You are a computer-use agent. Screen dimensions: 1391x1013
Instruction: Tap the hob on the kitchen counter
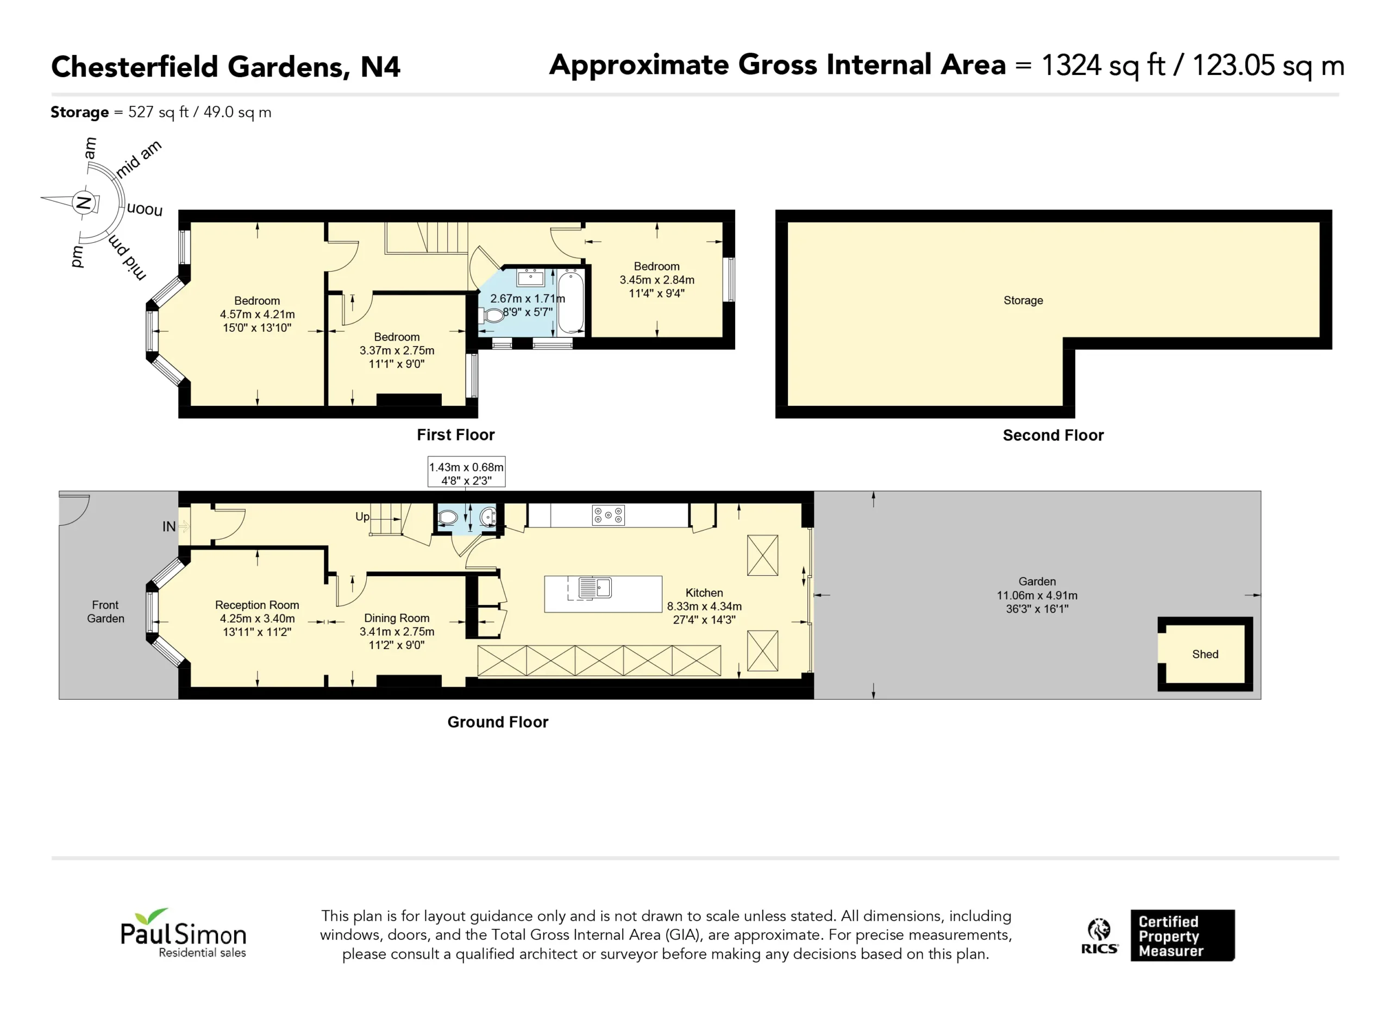(x=608, y=515)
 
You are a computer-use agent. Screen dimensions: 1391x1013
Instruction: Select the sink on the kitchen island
(x=595, y=588)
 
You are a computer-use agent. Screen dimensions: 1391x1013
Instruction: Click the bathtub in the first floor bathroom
(x=571, y=303)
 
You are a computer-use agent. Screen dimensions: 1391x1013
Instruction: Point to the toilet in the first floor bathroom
(x=492, y=316)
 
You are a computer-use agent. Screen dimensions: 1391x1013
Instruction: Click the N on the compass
(x=83, y=203)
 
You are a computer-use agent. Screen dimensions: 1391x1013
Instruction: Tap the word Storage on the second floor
(x=1023, y=300)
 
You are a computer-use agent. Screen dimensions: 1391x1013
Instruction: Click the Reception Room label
(x=257, y=605)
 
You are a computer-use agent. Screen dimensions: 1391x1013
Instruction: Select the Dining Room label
(x=397, y=618)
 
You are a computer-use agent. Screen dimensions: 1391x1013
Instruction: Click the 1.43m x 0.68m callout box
(x=466, y=471)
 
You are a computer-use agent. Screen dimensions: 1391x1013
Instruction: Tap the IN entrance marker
(x=170, y=527)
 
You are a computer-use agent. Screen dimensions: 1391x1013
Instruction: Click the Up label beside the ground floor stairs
(x=362, y=517)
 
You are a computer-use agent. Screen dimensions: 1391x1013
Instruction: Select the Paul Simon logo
(x=183, y=933)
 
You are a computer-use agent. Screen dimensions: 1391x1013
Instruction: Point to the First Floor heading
(x=456, y=435)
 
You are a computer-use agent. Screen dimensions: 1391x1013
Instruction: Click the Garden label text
(x=1037, y=581)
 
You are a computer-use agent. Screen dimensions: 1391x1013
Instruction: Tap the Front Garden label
(x=105, y=612)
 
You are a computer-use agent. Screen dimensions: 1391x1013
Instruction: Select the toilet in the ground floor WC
(x=448, y=518)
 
